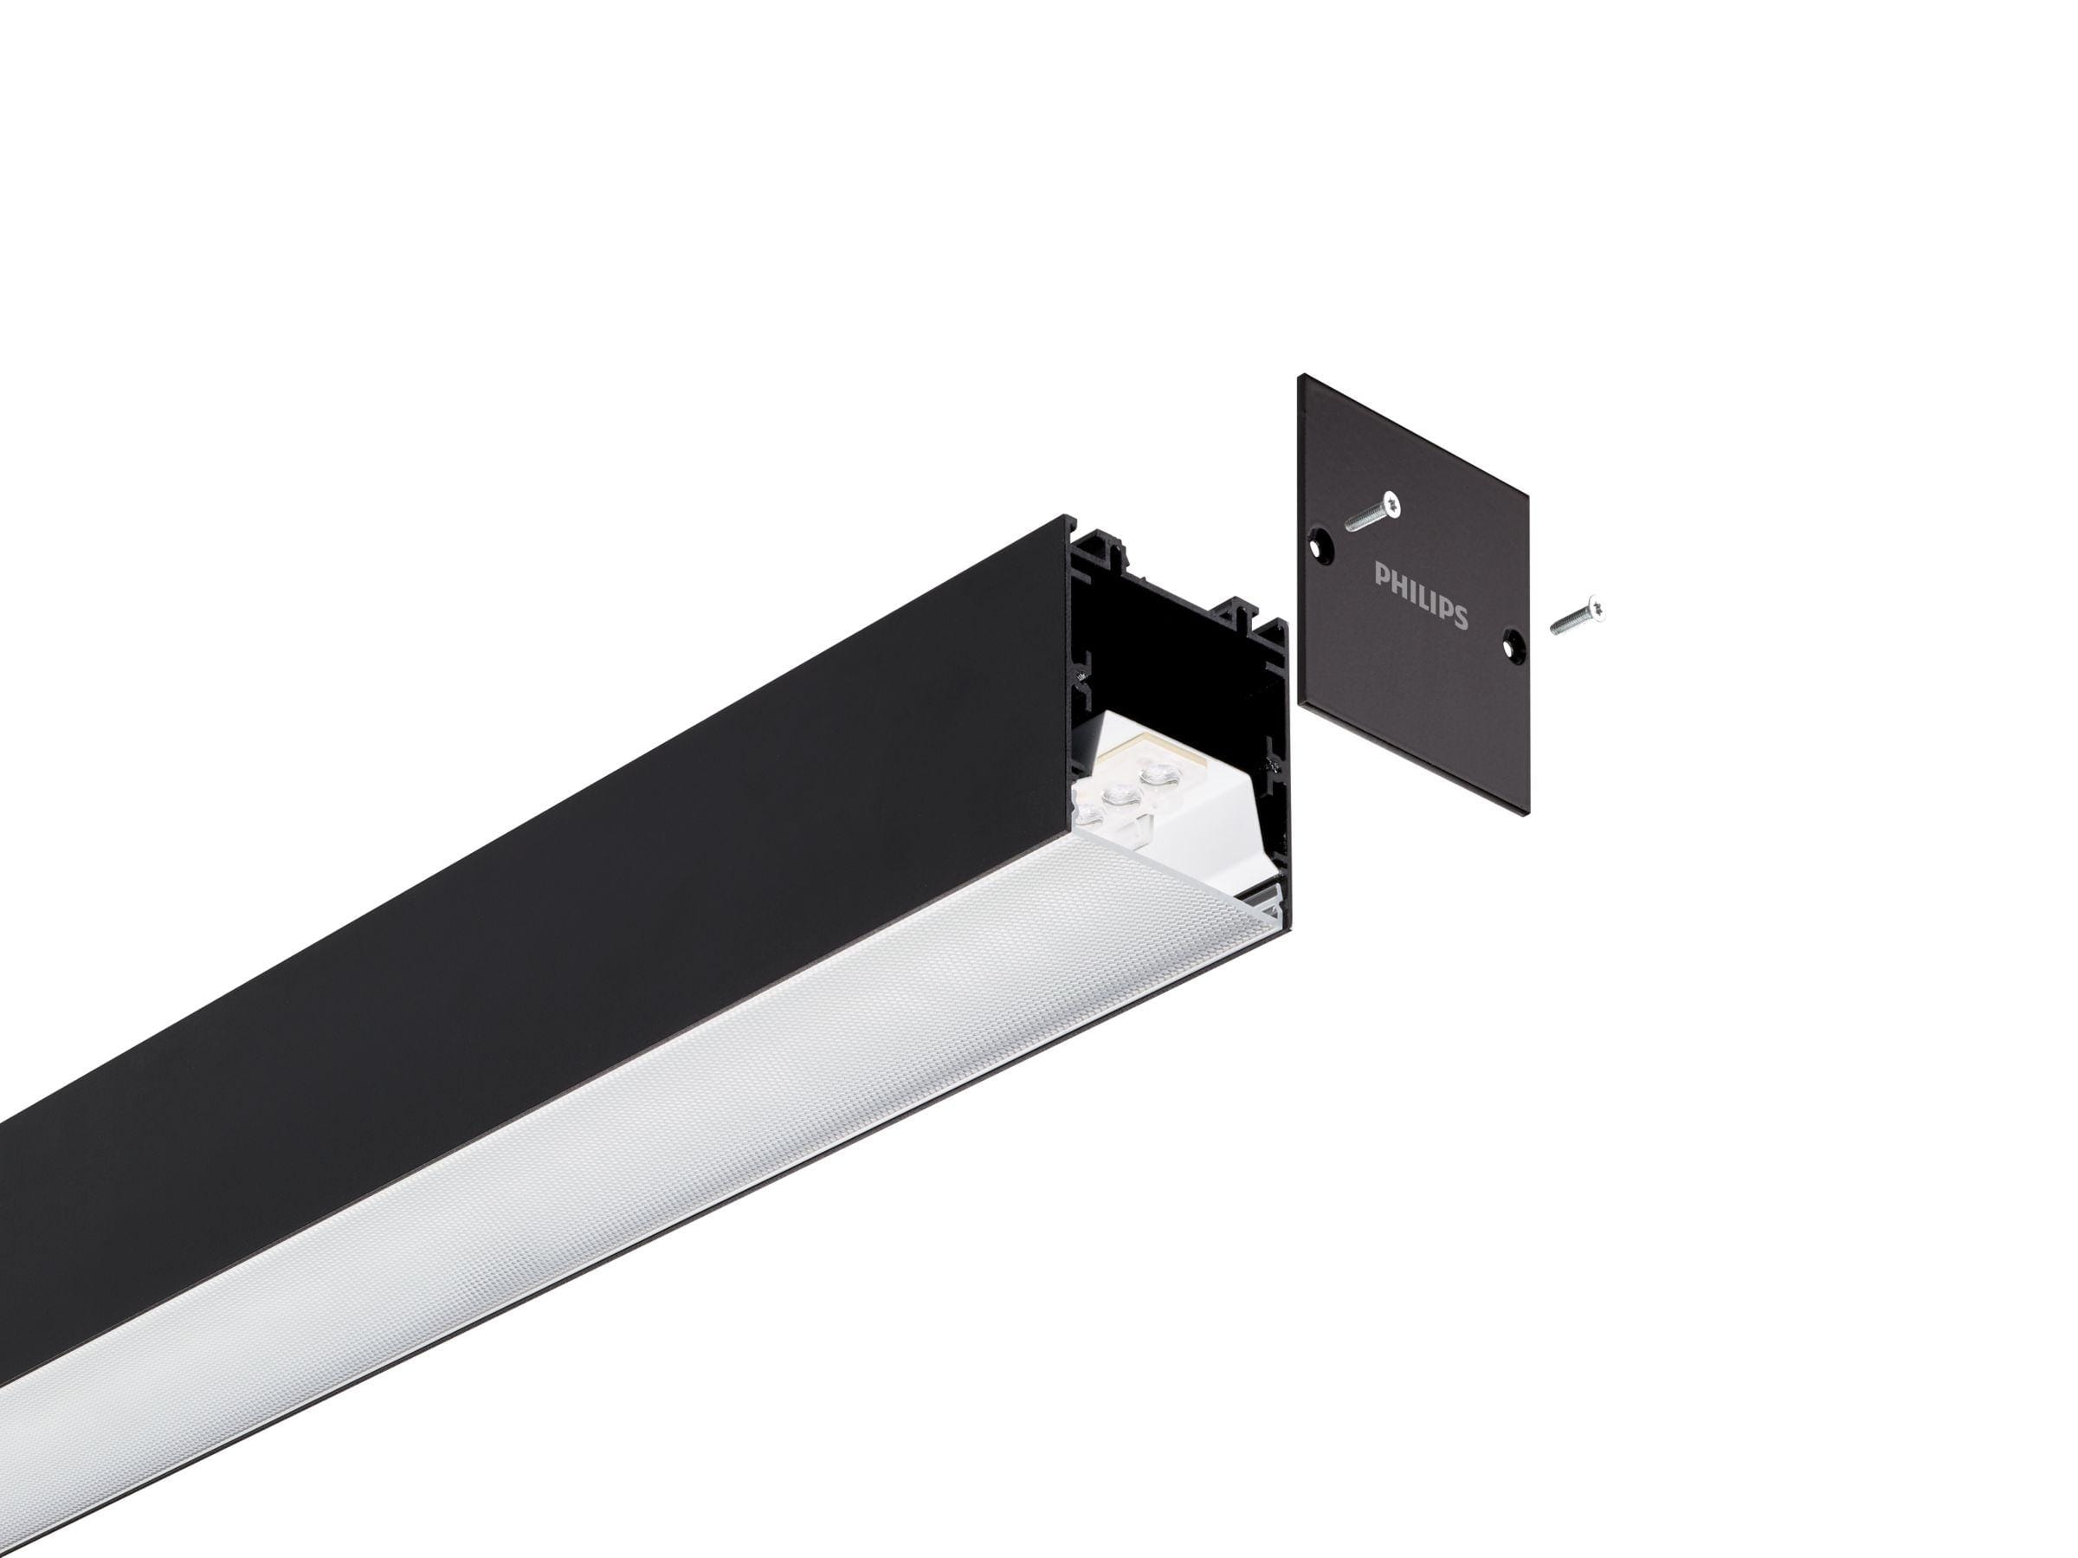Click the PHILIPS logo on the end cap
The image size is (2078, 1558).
(x=1421, y=596)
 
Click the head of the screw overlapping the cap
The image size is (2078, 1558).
(x=1391, y=506)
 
